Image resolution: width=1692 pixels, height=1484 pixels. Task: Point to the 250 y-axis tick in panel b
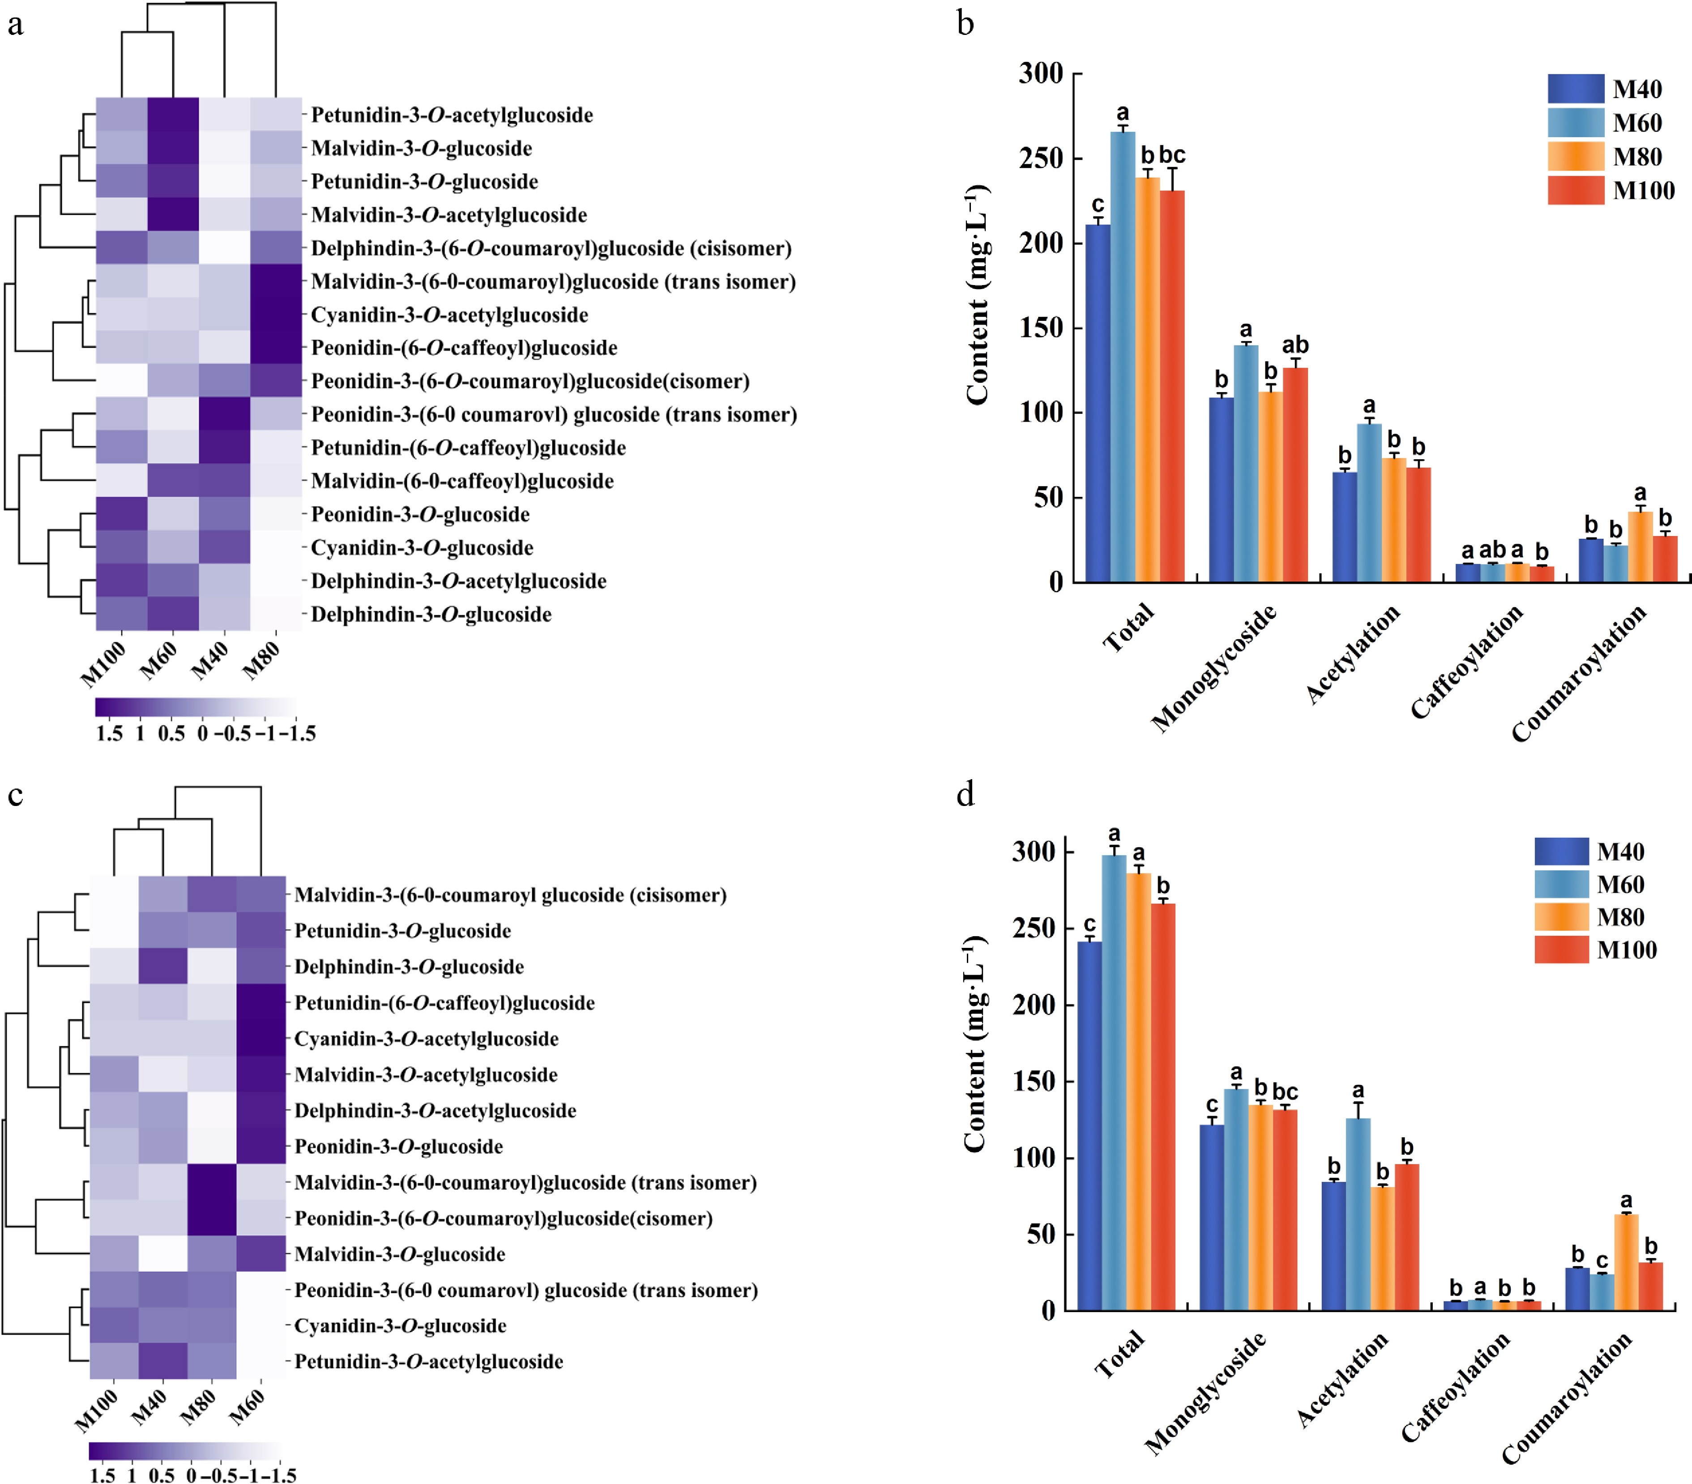1045,158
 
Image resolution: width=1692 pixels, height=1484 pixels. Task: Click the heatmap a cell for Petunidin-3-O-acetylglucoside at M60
173,114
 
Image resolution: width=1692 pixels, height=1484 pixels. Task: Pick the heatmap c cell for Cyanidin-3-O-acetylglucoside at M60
261,1039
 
